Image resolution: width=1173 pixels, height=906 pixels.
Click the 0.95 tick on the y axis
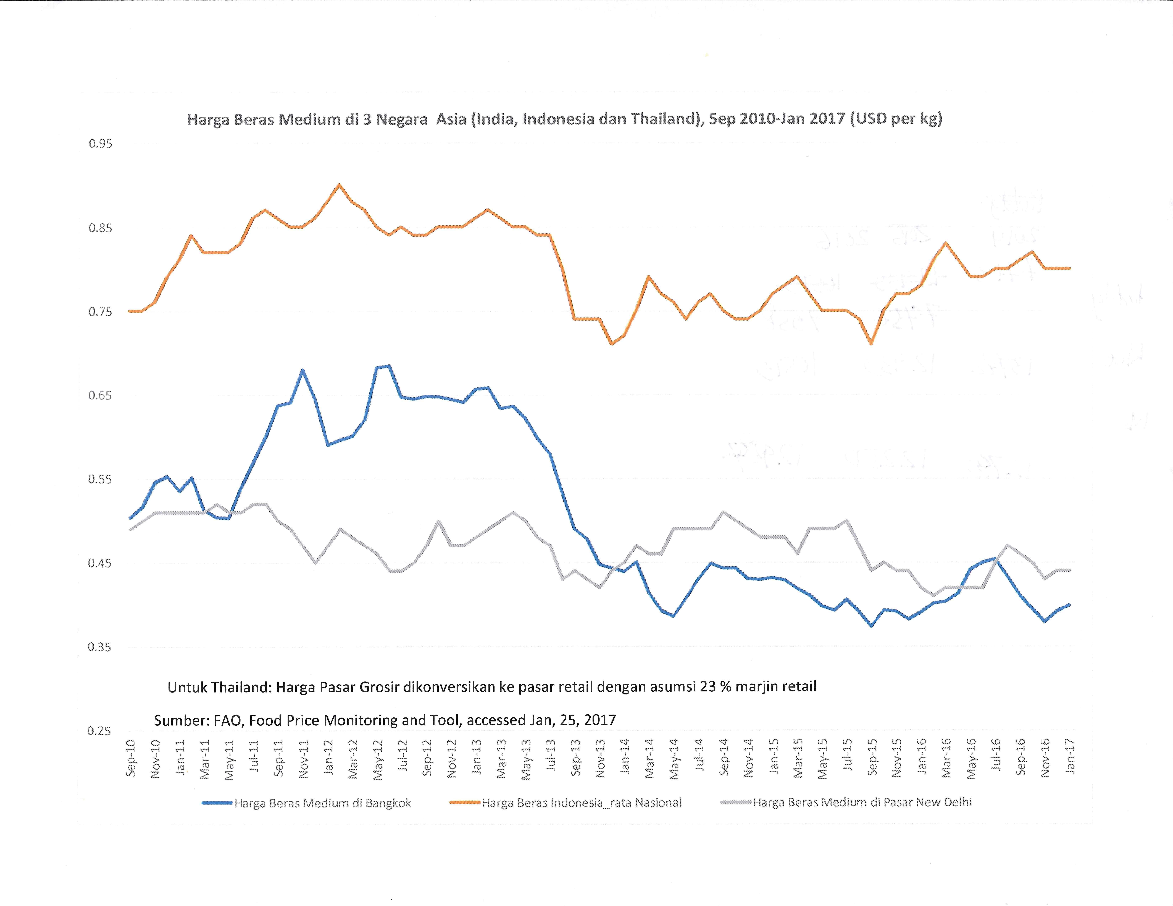(x=100, y=144)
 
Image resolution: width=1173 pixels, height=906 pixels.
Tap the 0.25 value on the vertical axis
(x=99, y=731)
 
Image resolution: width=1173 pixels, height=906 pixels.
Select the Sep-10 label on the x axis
(x=130, y=758)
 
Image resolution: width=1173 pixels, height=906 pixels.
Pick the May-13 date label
(x=526, y=759)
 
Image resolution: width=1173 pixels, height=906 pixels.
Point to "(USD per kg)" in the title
(x=896, y=118)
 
